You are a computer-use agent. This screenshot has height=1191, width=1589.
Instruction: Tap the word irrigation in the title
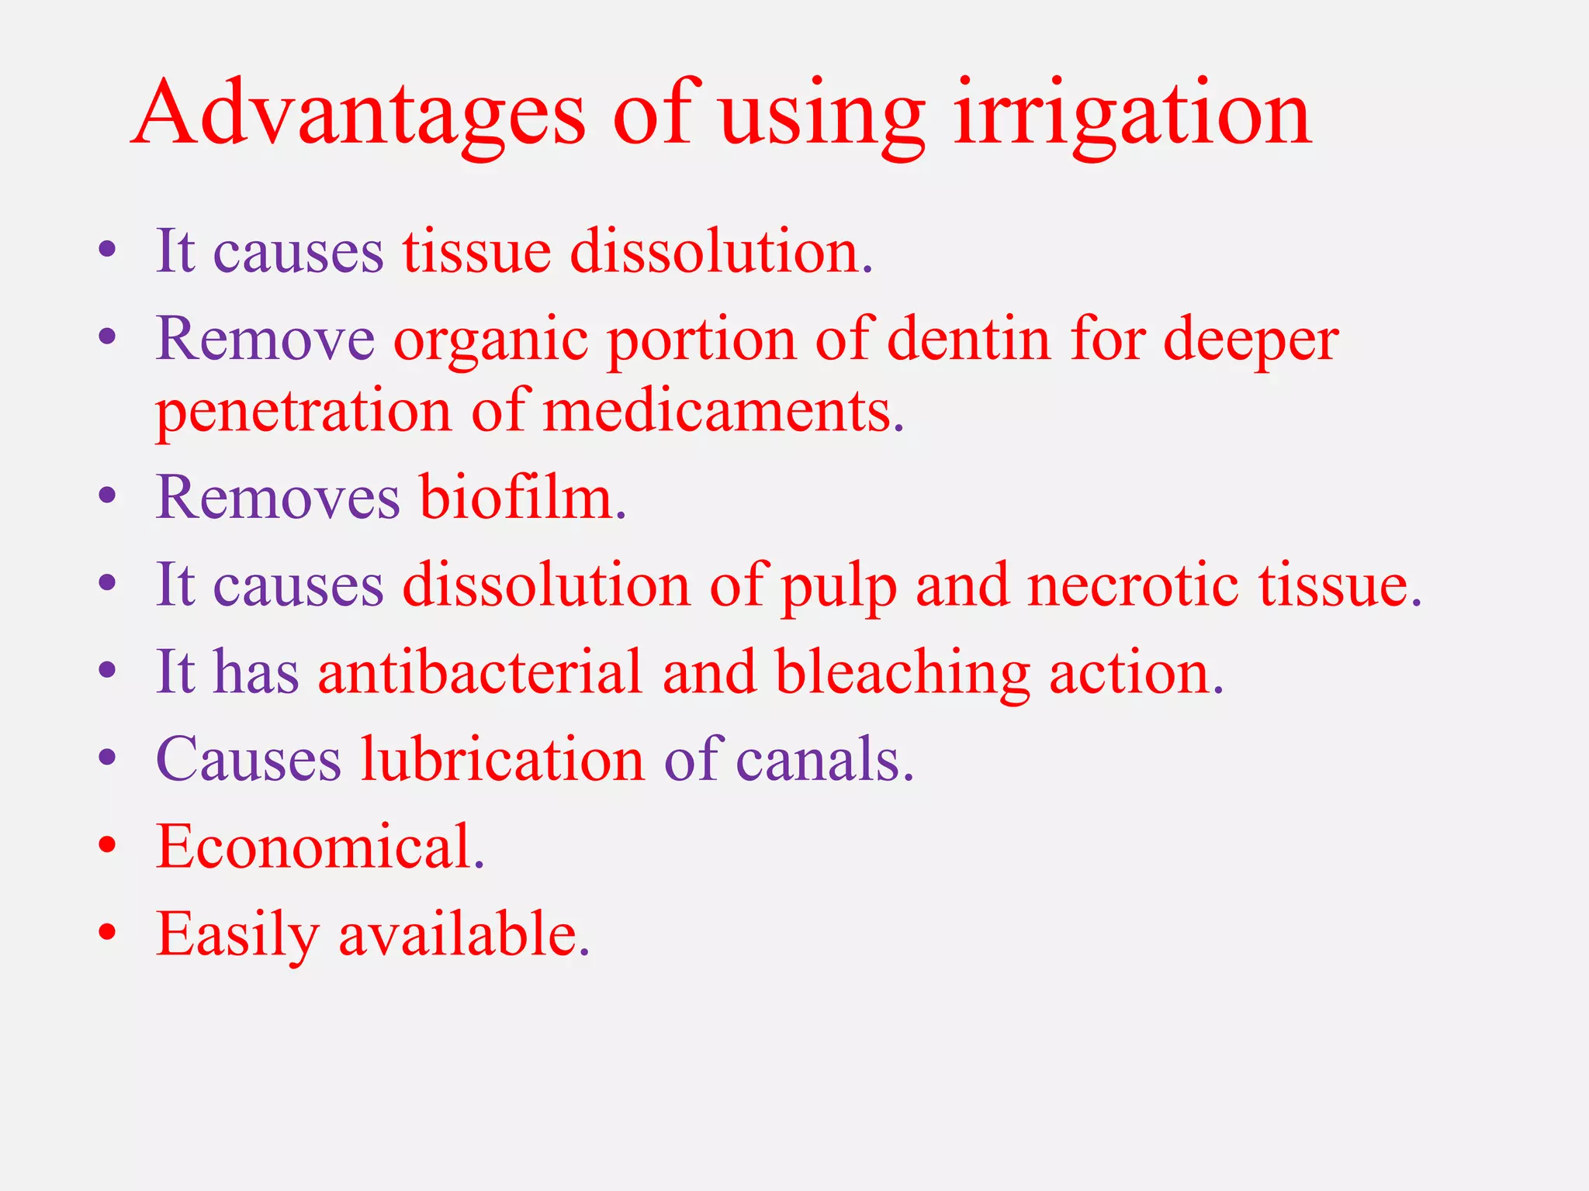coord(1132,115)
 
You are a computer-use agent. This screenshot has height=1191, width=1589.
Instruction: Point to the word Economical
coord(320,846)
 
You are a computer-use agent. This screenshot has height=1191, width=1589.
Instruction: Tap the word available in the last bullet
coord(463,934)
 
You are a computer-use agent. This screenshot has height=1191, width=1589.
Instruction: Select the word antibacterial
coord(480,671)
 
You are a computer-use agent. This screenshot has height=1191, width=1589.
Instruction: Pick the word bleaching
coord(902,673)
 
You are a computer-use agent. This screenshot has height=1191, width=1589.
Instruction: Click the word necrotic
coord(1133,585)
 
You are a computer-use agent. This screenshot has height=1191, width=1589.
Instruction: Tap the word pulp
coord(839,586)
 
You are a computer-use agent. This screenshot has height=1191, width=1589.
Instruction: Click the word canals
coord(824,759)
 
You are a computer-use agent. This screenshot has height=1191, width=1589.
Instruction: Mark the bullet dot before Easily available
coord(108,931)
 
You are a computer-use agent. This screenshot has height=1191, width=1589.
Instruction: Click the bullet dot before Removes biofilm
coord(108,495)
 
